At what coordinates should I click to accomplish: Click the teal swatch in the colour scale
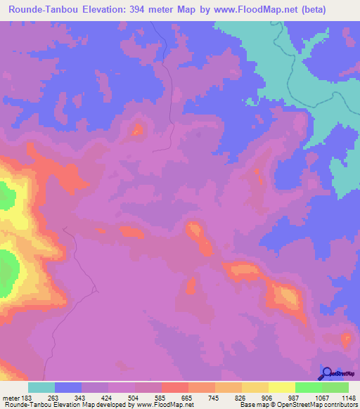pyautogui.click(x=41, y=387)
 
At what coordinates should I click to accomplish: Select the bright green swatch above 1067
pyautogui.click(x=309, y=387)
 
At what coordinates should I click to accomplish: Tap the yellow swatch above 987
pyautogui.click(x=282, y=387)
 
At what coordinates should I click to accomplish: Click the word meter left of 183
pyautogui.click(x=11, y=398)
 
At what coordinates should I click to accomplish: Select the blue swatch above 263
pyautogui.click(x=68, y=387)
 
